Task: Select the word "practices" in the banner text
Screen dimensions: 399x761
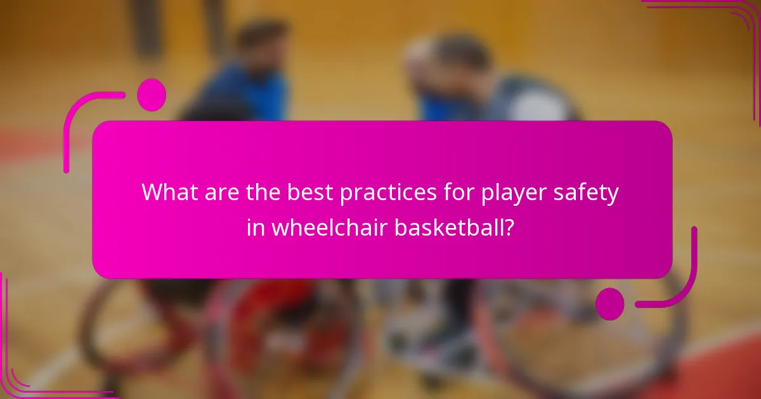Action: pos(389,193)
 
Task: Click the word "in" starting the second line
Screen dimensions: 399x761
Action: pos(256,227)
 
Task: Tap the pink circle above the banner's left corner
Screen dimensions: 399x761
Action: pos(151,95)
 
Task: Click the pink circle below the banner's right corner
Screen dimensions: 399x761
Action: pos(610,303)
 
